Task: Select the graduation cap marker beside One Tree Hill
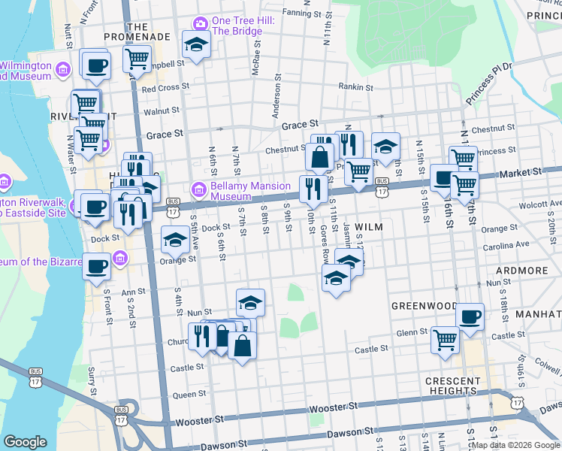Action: click(196, 44)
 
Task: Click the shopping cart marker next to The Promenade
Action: click(137, 59)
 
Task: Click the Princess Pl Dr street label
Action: click(488, 83)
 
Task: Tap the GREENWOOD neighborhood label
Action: click(425, 306)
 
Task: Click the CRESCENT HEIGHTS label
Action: click(452, 386)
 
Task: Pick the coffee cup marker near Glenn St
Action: click(470, 316)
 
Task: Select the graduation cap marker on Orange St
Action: click(175, 240)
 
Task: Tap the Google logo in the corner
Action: click(26, 441)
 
